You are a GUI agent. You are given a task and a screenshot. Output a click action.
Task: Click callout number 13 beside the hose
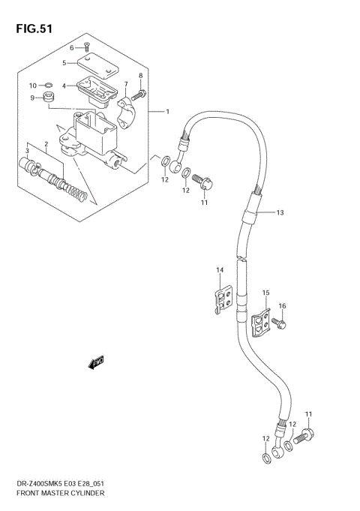pos(279,213)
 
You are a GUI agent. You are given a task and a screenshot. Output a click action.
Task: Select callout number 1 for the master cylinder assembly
pos(168,113)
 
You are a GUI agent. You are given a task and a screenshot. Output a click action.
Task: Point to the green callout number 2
pos(46,143)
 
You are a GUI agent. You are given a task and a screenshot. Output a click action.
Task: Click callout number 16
pos(283,306)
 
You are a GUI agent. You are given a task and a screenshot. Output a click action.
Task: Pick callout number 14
pos(220,270)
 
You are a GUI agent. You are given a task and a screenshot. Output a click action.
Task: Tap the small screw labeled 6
pos(88,49)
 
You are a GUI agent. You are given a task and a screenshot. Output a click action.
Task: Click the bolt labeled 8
pos(139,95)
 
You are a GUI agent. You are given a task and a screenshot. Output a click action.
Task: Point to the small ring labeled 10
pos(46,85)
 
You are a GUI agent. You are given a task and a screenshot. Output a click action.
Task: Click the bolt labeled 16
pos(277,323)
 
